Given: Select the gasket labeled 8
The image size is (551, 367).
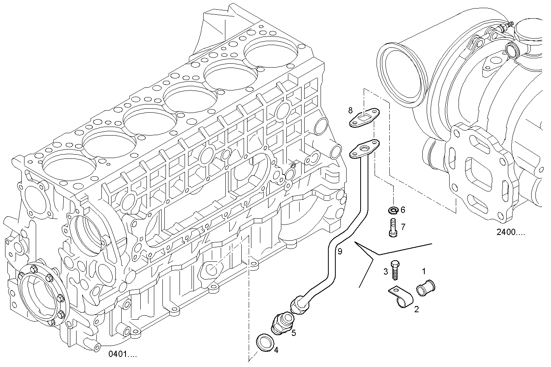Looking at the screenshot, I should (x=365, y=118).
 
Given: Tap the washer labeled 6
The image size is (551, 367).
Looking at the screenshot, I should (x=392, y=210).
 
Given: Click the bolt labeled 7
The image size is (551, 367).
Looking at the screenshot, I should (x=392, y=228).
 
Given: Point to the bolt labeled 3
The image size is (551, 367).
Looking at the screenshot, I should (x=395, y=270).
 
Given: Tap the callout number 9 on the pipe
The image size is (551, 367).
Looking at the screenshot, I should (x=340, y=252).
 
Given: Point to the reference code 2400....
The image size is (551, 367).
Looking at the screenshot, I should (x=510, y=232).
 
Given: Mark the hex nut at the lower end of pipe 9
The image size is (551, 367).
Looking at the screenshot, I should (x=301, y=304).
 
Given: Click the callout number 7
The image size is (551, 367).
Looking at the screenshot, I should (x=403, y=226).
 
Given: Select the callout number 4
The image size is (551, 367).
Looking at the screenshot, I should (x=276, y=350).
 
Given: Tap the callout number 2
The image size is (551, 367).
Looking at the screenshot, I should (x=416, y=309).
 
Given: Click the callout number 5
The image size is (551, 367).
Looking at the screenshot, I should (x=294, y=332).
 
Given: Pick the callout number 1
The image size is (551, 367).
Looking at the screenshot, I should (x=424, y=271).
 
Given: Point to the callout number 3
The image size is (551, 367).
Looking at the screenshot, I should (x=385, y=271).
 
